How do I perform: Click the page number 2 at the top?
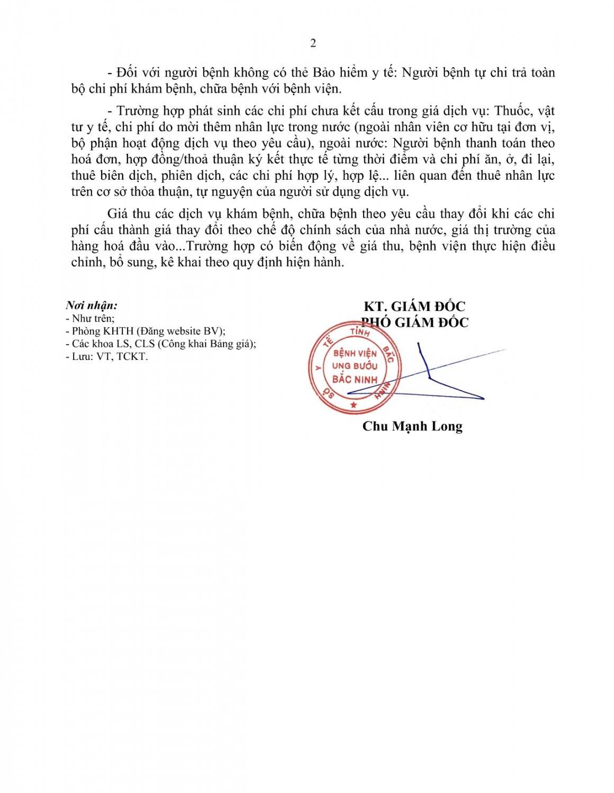(313, 43)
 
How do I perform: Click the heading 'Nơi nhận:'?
(92, 305)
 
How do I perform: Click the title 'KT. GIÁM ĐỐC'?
(414, 306)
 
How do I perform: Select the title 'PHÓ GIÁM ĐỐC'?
(415, 322)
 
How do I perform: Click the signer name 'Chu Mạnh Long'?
(412, 426)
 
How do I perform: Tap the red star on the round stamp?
(354, 405)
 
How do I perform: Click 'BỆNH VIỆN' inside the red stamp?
(355, 353)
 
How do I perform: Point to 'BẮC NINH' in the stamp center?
(355, 379)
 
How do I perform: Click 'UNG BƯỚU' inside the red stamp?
(355, 366)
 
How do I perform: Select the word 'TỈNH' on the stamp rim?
(360, 332)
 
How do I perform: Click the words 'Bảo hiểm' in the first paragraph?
(340, 72)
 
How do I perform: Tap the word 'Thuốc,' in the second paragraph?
(513, 110)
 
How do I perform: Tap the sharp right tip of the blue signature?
(484, 398)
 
